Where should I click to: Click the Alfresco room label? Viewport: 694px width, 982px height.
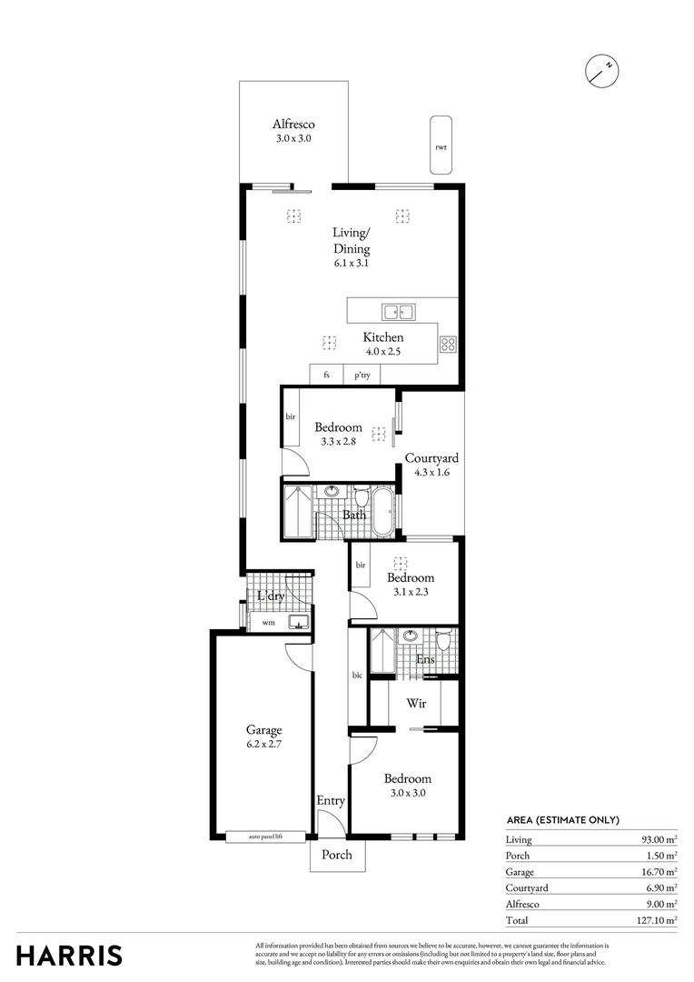[x=293, y=125]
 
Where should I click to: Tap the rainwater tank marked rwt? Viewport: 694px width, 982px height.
[x=441, y=145]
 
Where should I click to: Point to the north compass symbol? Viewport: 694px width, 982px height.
[x=601, y=70]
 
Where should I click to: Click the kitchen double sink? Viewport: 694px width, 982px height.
[x=398, y=313]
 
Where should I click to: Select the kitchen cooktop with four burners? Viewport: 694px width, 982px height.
[x=448, y=344]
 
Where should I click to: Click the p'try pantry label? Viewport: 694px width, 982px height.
[x=362, y=375]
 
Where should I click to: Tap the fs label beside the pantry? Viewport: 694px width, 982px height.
[x=326, y=375]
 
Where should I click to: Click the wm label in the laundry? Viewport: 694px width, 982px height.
[x=268, y=623]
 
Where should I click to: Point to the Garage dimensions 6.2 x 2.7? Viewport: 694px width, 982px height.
[x=264, y=744]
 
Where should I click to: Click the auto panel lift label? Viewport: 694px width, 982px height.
[x=264, y=836]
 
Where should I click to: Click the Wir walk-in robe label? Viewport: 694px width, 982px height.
[x=416, y=704]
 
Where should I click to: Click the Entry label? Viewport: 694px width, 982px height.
[x=331, y=800]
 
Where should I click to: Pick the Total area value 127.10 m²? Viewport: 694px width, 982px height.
[x=658, y=920]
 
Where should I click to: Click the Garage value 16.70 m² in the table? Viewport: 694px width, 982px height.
[x=659, y=872]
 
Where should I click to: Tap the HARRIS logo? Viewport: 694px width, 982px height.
[x=69, y=956]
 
